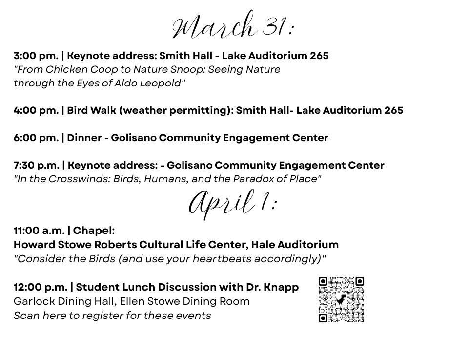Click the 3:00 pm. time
click(36, 56)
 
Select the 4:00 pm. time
click(36, 110)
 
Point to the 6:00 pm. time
click(36, 138)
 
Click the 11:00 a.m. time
click(39, 230)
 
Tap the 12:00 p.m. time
click(40, 287)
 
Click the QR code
click(341, 300)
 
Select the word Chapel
click(93, 230)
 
